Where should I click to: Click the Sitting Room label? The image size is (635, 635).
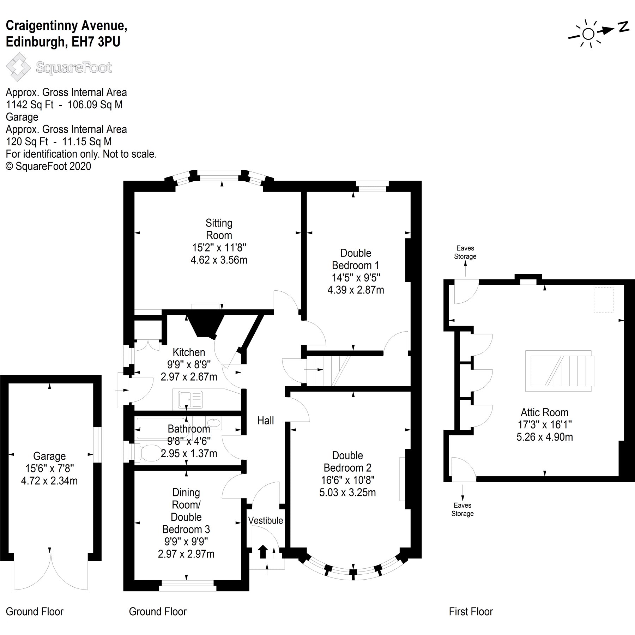pos(219,229)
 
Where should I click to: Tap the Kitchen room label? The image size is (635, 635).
pos(189,352)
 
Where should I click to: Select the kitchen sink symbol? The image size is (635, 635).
pos(191,399)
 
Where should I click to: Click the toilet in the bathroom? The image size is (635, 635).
pos(148,453)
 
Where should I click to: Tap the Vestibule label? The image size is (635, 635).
pos(265,520)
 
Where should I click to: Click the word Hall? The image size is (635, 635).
pos(265,420)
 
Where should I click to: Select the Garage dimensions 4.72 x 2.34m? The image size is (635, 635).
pos(49,480)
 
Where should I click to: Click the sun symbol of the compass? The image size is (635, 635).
pos(588,34)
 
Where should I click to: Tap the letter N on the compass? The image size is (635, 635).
pos(623,27)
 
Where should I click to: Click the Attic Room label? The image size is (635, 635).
pos(544,412)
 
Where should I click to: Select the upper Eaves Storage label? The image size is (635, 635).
pos(465,252)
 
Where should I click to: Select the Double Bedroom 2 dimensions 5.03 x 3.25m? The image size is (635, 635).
pos(347,492)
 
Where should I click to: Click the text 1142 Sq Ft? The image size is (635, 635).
pos(30,105)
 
